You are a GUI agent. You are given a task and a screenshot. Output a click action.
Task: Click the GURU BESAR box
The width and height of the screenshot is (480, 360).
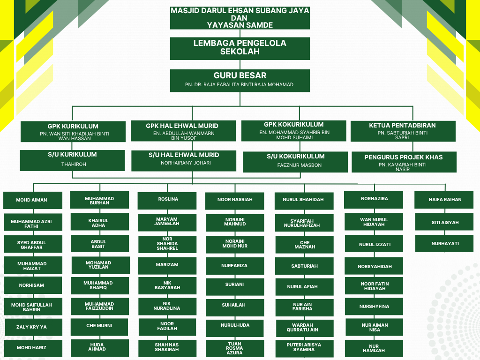(240, 81)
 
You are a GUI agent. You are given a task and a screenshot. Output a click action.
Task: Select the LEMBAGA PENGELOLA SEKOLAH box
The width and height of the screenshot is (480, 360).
(240, 48)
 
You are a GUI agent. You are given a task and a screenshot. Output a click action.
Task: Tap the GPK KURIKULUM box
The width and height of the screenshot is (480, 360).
(73, 132)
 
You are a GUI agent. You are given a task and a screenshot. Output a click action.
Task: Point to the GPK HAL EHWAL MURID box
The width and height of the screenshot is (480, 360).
(183, 131)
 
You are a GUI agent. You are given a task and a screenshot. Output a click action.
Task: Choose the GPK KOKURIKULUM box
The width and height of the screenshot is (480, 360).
(294, 131)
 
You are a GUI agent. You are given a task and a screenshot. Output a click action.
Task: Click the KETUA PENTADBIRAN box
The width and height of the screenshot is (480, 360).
(403, 131)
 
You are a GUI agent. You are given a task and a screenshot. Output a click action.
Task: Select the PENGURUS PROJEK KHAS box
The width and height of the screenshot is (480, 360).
(404, 162)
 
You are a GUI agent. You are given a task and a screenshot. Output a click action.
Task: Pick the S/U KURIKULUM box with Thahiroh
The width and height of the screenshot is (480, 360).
(72, 160)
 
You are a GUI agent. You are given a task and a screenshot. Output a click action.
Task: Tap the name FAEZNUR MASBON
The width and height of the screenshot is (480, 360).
(300, 165)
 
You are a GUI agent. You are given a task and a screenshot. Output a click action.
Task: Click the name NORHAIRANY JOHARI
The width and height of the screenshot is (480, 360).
(186, 163)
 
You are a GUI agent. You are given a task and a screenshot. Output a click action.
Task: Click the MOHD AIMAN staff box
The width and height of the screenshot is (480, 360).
(33, 200)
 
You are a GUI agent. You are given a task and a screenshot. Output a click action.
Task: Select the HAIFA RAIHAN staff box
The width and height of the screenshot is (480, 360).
(444, 200)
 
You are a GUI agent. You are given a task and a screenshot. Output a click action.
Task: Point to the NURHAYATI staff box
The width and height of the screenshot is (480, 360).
(444, 244)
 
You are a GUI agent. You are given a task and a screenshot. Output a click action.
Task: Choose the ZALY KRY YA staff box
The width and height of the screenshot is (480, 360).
(33, 327)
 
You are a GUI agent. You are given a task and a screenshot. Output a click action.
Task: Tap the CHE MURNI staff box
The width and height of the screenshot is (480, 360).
(99, 327)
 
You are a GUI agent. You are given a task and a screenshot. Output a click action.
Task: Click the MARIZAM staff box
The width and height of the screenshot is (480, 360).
(167, 266)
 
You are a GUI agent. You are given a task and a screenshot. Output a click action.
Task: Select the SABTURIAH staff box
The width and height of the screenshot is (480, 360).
(304, 266)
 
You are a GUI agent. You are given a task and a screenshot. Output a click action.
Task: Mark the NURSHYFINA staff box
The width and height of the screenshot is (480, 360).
(374, 307)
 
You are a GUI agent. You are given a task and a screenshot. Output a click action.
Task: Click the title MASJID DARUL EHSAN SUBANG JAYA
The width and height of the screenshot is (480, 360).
(240, 11)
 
